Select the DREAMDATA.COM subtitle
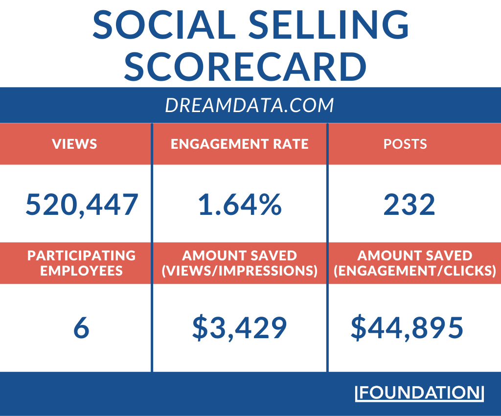pyautogui.click(x=250, y=105)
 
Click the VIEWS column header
pyautogui.click(x=75, y=144)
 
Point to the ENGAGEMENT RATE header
pyautogui.click(x=239, y=144)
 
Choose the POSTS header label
pyautogui.click(x=405, y=144)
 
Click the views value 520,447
pyautogui.click(x=82, y=205)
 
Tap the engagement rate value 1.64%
pyautogui.click(x=240, y=205)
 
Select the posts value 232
pyautogui.click(x=409, y=205)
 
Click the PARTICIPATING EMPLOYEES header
pyautogui.click(x=81, y=263)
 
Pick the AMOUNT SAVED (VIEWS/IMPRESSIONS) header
pyautogui.click(x=239, y=263)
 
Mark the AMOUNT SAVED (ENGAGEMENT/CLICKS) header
pyautogui.click(x=415, y=263)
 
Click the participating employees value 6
pyautogui.click(x=81, y=328)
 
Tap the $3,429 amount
pyautogui.click(x=239, y=328)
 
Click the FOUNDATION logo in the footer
pyautogui.click(x=419, y=393)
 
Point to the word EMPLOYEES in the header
pyautogui.click(x=81, y=270)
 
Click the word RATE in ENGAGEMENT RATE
pyautogui.click(x=290, y=144)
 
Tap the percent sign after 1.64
pyautogui.click(x=270, y=205)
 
